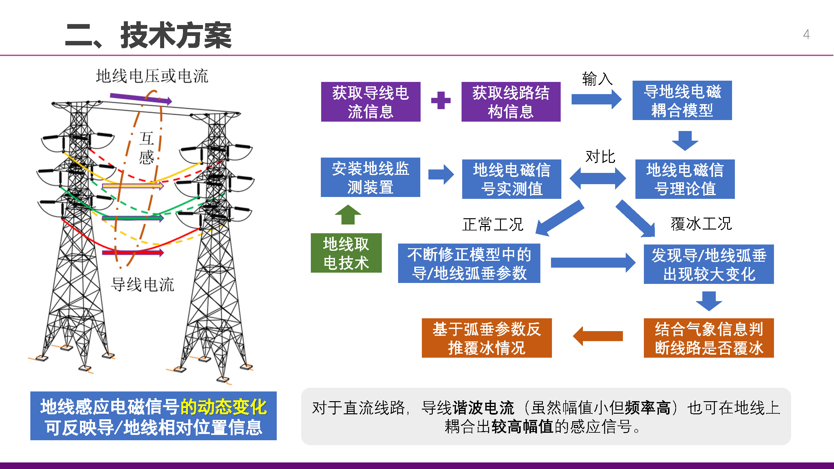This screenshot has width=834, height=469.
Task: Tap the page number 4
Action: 806,34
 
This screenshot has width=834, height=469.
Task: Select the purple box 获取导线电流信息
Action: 371,102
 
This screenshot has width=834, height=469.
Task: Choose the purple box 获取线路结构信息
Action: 511,102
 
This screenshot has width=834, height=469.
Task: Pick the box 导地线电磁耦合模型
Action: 682,100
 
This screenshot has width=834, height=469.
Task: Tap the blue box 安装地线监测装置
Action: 370,177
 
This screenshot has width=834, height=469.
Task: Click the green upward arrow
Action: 348,215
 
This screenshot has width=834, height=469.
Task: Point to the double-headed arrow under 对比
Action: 598,178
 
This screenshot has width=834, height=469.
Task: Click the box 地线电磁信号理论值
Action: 685,179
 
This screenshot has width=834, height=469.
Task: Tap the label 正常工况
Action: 493,224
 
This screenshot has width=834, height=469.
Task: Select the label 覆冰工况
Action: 701,224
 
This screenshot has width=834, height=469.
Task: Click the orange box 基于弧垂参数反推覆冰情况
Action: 487,338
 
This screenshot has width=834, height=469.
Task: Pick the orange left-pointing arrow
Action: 598,336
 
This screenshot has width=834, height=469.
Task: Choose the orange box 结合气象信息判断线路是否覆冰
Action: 709,338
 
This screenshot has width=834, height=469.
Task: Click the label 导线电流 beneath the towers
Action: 143,285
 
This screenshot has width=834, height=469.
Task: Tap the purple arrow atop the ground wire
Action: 140,98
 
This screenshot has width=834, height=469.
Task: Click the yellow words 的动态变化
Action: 223,407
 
